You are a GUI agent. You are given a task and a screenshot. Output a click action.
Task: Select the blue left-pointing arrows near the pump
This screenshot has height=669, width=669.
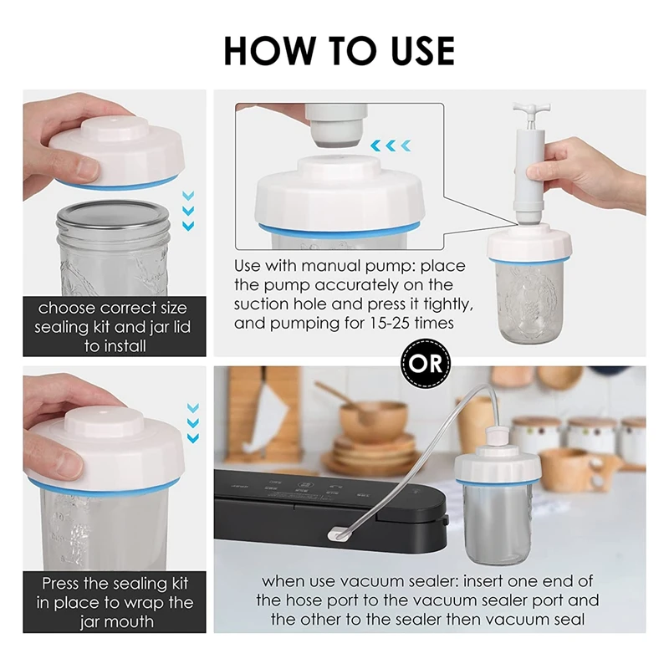pos(391,146)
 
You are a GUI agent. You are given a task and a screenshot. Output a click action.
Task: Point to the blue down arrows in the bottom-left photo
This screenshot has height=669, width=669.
pos(193,423)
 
